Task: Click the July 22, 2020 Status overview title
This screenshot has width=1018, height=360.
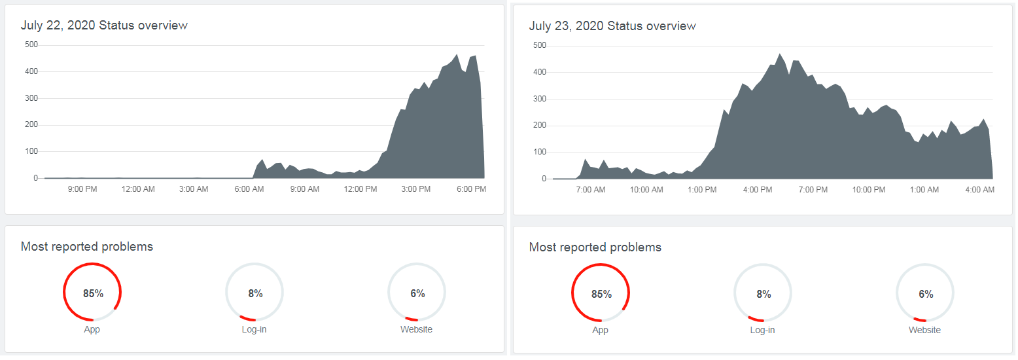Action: [104, 26]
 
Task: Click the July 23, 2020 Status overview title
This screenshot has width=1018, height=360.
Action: [612, 26]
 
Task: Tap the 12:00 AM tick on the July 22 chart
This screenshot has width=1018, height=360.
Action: [138, 189]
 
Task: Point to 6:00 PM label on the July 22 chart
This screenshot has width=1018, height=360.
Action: [471, 189]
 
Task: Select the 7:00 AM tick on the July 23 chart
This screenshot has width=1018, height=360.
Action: [590, 190]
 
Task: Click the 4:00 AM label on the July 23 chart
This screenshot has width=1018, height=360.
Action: [979, 190]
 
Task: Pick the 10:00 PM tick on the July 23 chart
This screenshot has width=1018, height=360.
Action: [868, 190]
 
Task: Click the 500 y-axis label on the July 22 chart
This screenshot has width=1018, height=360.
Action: [31, 45]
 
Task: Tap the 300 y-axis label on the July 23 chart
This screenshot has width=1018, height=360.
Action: [539, 99]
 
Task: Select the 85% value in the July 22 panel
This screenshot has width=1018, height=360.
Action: [93, 293]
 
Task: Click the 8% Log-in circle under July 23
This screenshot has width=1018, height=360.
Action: [763, 294]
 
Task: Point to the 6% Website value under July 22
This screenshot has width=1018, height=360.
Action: [417, 293]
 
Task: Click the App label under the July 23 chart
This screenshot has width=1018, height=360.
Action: [600, 330]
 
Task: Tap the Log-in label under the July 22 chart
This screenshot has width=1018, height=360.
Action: [254, 329]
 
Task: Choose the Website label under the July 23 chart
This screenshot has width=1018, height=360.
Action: [924, 330]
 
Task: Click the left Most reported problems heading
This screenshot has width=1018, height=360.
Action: [87, 247]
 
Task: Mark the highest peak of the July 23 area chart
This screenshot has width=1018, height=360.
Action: [780, 54]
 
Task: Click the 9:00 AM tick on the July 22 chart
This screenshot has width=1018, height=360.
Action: [304, 189]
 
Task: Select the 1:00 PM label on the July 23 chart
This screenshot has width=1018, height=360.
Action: [702, 190]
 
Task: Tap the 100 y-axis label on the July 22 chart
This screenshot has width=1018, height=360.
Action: [31, 151]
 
